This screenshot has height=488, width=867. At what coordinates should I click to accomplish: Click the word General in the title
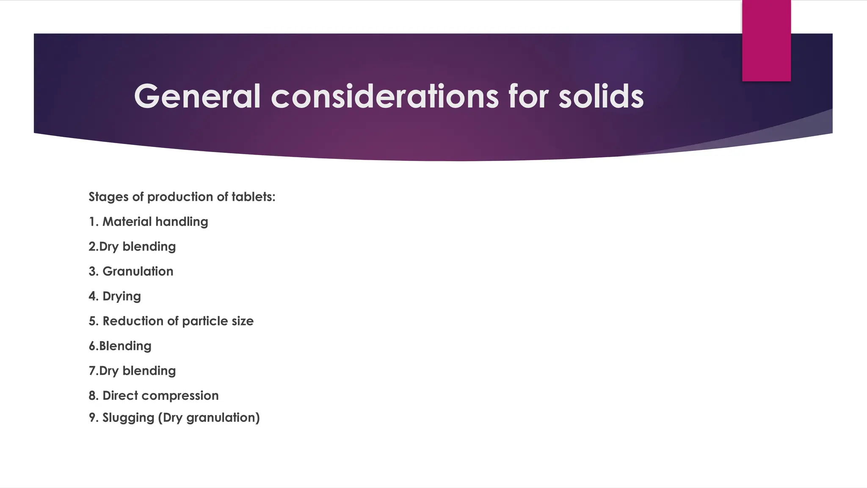197,97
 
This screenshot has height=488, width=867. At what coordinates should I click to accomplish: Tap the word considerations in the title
385,97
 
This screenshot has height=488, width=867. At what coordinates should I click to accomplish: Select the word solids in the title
601,97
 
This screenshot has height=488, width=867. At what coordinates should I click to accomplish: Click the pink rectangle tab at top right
766,41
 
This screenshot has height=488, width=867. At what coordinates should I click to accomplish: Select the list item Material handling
155,222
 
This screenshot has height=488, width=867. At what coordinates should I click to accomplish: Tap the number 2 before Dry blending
92,247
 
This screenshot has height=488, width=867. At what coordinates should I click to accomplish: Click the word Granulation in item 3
138,271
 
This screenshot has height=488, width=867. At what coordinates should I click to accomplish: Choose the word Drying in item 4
121,296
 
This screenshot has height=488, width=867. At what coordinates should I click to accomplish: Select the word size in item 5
243,321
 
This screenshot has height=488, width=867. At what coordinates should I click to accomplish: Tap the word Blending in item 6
125,346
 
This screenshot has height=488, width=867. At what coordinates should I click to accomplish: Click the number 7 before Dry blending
92,371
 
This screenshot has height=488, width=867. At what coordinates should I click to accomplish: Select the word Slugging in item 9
128,418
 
